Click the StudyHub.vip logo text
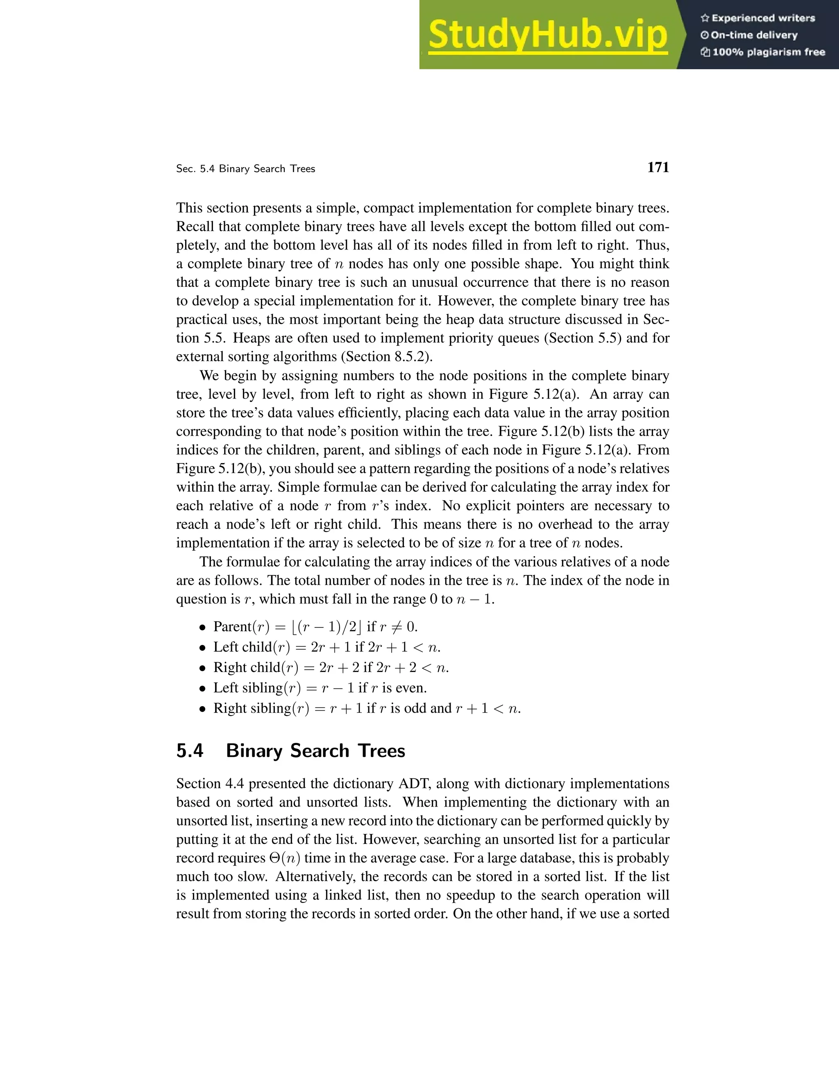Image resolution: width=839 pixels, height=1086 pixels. pos(547,35)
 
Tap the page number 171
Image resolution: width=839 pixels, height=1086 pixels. pos(658,168)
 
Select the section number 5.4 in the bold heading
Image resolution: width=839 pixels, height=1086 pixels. pos(189,751)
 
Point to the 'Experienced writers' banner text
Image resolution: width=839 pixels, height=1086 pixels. pos(763,18)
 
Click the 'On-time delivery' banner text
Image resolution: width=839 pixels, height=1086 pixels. pos(754,35)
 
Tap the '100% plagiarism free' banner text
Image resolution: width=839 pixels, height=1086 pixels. pos(769,52)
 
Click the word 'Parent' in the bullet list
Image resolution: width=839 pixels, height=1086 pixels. pos(232,627)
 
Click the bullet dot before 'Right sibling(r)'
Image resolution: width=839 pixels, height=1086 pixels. pos(202,709)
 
